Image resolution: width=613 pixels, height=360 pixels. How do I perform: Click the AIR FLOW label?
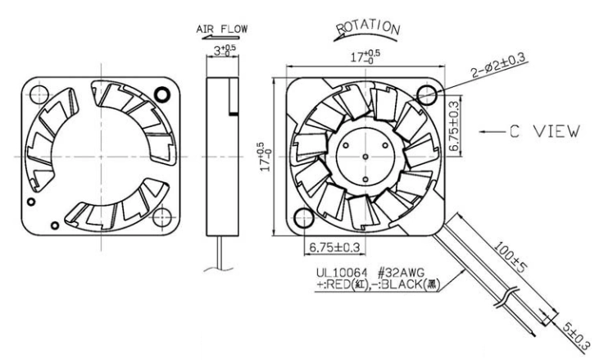coord(221,29)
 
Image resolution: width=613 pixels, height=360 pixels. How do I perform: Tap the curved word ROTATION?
coord(368,28)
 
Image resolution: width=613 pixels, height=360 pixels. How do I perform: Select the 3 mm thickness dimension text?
coord(225,50)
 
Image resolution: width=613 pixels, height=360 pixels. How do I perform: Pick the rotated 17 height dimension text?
coord(266,157)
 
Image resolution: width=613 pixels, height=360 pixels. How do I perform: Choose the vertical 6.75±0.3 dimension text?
coord(454,125)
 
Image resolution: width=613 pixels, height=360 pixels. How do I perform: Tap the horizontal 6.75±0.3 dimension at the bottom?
coord(334,248)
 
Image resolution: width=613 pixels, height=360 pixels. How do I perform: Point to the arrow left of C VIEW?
coord(492,132)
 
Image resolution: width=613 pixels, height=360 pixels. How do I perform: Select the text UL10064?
coord(343,272)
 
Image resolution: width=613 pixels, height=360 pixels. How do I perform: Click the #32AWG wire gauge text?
coord(401,272)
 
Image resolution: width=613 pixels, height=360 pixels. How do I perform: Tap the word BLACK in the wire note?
coord(401,285)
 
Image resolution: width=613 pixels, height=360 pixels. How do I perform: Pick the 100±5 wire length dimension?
coord(511,257)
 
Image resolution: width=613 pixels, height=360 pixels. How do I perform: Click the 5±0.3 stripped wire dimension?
coord(576,336)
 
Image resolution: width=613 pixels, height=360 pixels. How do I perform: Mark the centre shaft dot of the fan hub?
coord(366,157)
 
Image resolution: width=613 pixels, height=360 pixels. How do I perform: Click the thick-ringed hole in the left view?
coord(162,94)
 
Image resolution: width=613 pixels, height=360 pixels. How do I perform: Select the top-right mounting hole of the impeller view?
coord(426,94)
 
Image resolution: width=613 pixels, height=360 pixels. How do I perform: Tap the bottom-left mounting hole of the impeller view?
coord(304,218)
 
